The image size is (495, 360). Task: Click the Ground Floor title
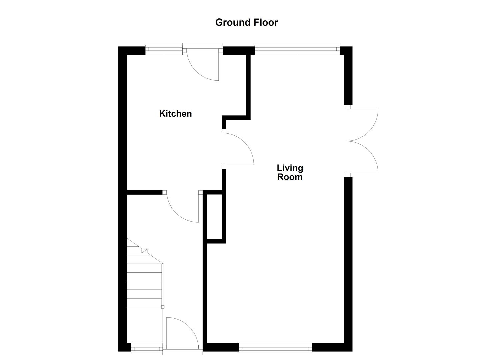coord(246,22)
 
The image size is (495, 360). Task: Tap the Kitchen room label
coord(175,114)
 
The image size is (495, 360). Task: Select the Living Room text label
coord(290,172)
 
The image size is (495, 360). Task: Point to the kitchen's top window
coord(164,50)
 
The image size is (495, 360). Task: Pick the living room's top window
coord(297,50)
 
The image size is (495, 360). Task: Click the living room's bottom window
coord(275,349)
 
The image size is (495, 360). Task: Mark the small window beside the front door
coord(147,349)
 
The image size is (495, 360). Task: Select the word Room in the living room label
coord(290,177)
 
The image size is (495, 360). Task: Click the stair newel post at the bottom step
coord(163,307)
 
